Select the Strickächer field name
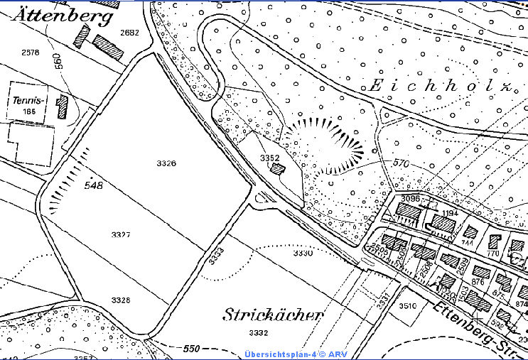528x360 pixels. [274, 315]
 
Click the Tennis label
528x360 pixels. [29, 101]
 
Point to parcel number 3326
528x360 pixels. [166, 163]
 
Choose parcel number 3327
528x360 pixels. [122, 234]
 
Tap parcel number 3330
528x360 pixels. [303, 253]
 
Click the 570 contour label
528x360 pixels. [400, 163]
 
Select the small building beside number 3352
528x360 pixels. [278, 170]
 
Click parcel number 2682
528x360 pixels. [130, 33]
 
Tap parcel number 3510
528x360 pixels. [407, 306]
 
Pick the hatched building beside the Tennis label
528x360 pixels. [63, 107]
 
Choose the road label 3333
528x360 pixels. [217, 256]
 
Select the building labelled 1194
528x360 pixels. [443, 223]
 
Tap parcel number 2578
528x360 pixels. [31, 53]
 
